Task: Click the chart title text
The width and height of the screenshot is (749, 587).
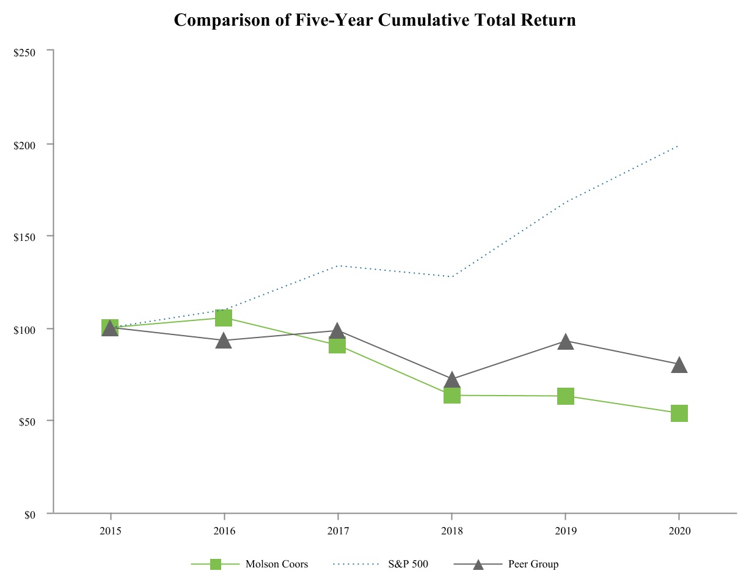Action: pos(374,20)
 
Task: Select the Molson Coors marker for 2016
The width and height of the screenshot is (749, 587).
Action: pos(224,318)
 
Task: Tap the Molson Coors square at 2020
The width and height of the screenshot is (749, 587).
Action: pos(679,413)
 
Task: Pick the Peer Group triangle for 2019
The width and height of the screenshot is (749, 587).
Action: pos(566,342)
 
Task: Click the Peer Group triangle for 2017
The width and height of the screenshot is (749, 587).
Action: pos(337,331)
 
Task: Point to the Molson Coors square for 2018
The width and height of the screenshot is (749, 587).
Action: pos(451,395)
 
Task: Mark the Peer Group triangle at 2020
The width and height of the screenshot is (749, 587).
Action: pos(679,366)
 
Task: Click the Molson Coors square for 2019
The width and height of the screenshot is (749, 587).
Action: pos(566,396)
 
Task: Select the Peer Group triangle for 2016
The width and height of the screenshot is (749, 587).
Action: pos(224,341)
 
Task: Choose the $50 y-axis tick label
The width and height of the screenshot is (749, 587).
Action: pos(26,422)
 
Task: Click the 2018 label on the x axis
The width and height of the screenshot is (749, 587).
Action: pos(451,531)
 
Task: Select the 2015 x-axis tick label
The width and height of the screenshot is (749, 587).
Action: pos(110,531)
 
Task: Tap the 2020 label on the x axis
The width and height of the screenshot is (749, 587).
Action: pos(679,531)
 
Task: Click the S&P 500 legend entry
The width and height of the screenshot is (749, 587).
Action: pos(407,564)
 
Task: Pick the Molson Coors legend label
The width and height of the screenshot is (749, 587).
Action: pos(276,564)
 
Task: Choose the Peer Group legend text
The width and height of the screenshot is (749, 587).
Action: pos(533,564)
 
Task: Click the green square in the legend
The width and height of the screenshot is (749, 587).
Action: pos(216,564)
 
